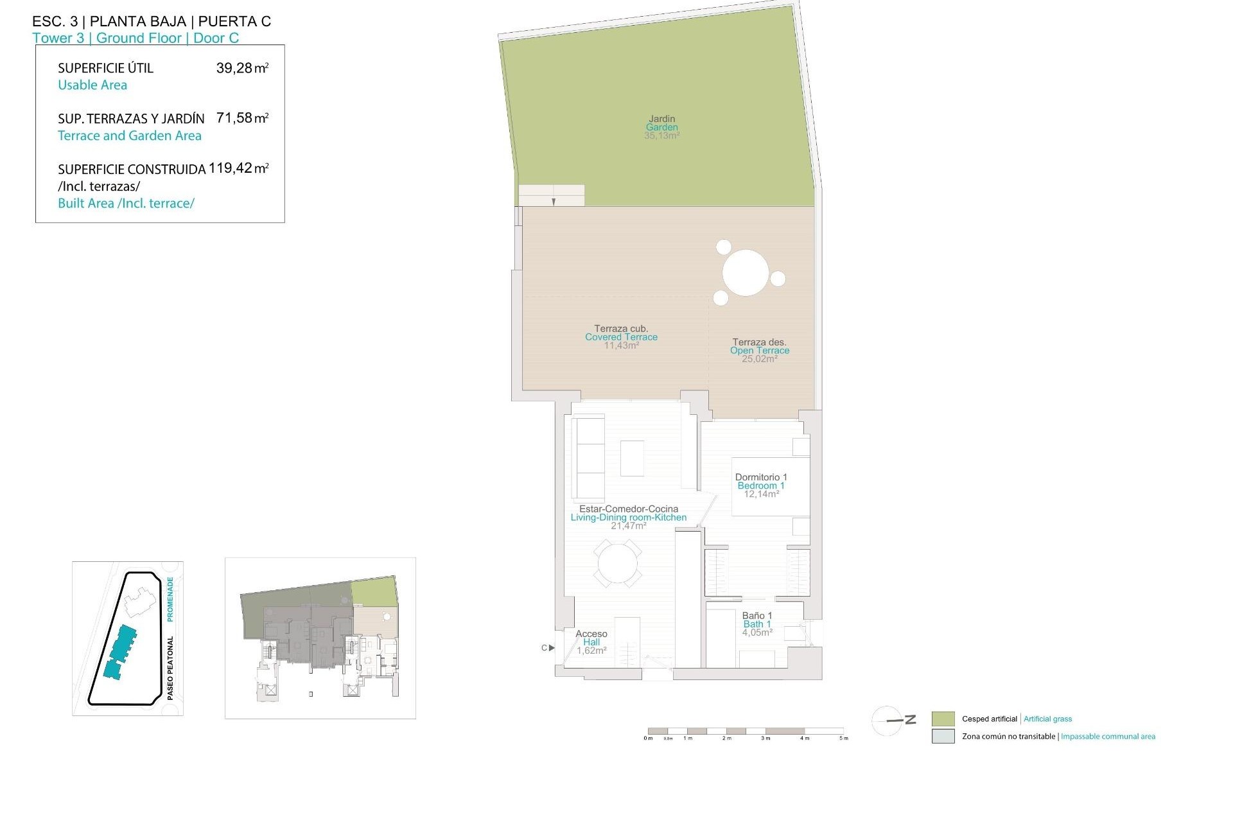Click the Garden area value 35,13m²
coord(661,136)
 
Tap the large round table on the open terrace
coord(746,273)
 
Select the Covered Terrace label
coord(621,337)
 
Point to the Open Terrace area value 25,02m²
coord(760,359)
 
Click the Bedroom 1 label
coord(761,485)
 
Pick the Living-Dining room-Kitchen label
coord(628,518)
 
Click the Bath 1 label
coord(757,624)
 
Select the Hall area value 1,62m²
coord(591,651)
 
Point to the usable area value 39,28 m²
coord(242,68)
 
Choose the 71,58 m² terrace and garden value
coord(242,118)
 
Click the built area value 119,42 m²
coord(238,168)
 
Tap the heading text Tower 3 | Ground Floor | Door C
coord(136,38)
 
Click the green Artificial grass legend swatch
coord(943,719)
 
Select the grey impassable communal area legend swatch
coord(943,737)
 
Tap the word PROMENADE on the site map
coord(170,599)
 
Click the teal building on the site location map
coord(121,652)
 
